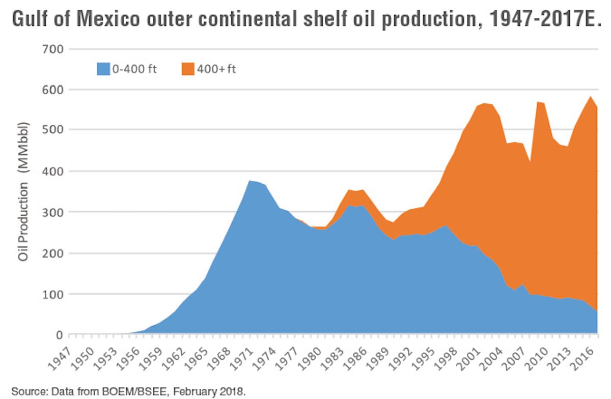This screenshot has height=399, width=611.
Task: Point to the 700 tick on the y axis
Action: pyautogui.click(x=52, y=49)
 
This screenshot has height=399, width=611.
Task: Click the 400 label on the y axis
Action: pyautogui.click(x=52, y=172)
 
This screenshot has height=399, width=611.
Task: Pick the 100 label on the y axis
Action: pyautogui.click(x=52, y=294)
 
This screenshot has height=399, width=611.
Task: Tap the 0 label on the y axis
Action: pyautogui.click(x=59, y=335)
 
